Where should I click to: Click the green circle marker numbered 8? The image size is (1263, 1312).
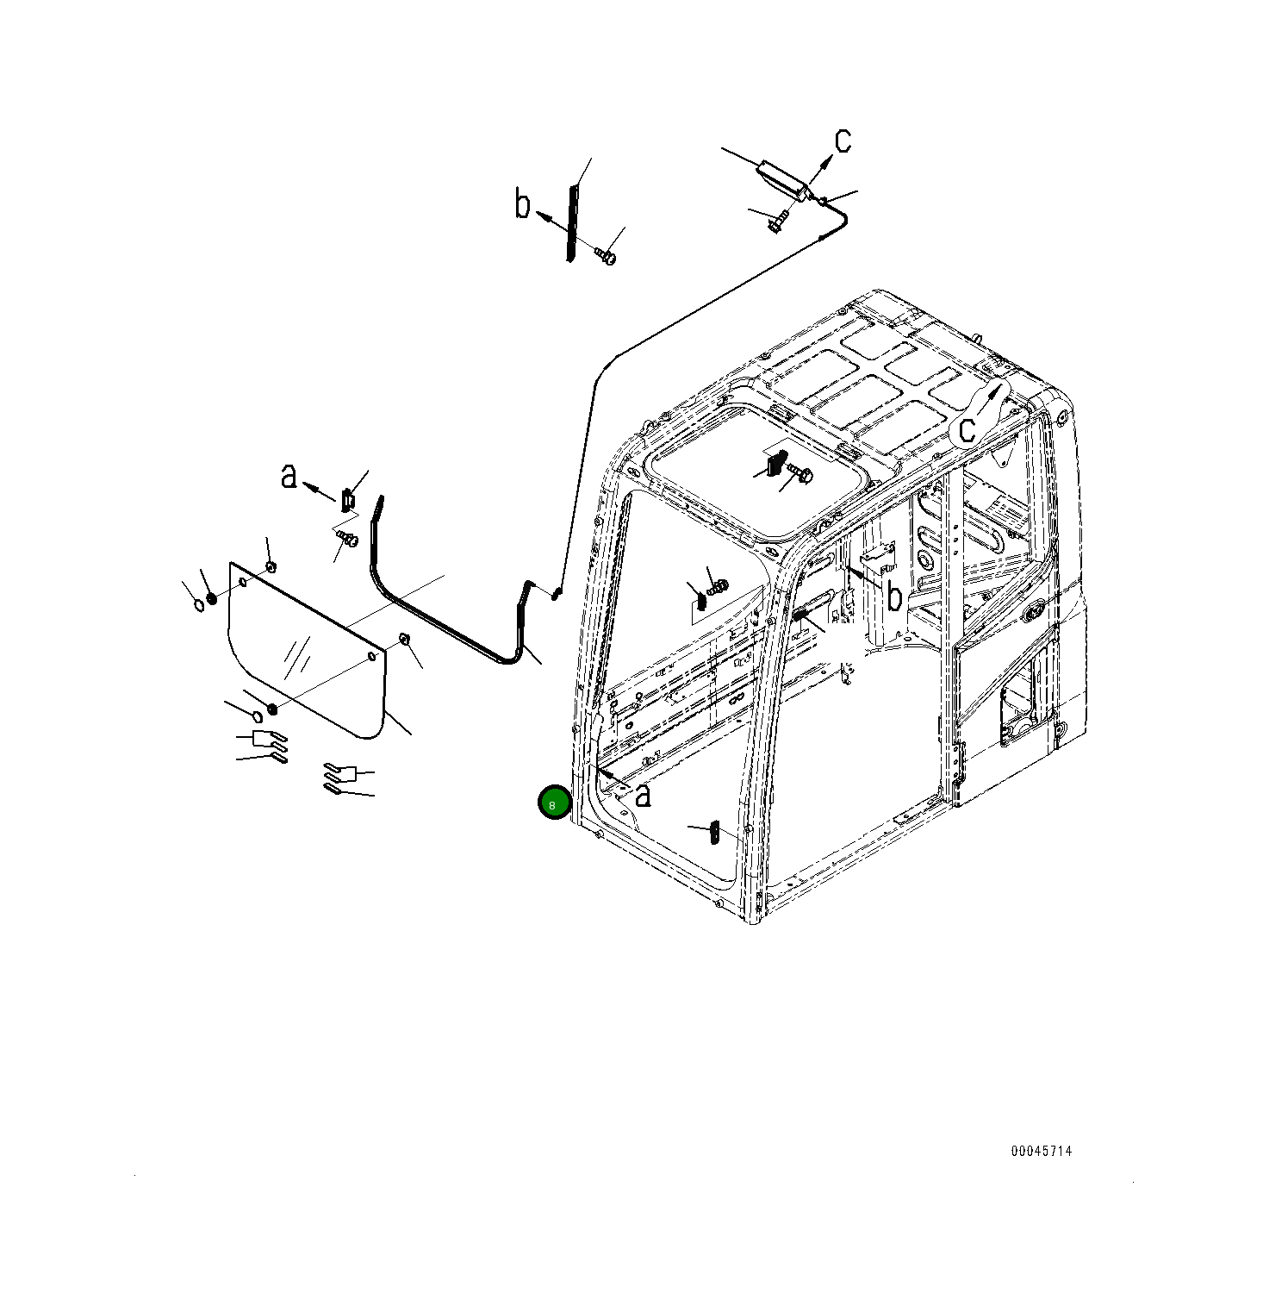[553, 803]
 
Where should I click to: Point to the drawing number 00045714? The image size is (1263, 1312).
[1042, 1151]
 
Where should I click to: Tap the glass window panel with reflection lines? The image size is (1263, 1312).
[306, 651]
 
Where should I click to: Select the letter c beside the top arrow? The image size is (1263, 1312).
[843, 140]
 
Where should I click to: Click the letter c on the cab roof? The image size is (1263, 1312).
[968, 428]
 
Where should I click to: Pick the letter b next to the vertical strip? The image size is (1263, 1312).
[523, 205]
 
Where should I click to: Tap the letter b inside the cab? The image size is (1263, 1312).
[894, 597]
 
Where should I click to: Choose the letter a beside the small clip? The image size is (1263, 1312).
[289, 475]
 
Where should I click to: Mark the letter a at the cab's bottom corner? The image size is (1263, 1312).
[643, 796]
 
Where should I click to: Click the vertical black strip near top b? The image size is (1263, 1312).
[570, 223]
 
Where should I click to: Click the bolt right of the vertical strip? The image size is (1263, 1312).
[607, 254]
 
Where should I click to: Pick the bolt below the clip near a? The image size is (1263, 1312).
[347, 538]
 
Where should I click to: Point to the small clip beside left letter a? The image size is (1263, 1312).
[348, 499]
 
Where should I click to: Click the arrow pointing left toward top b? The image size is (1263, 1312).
[551, 222]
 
